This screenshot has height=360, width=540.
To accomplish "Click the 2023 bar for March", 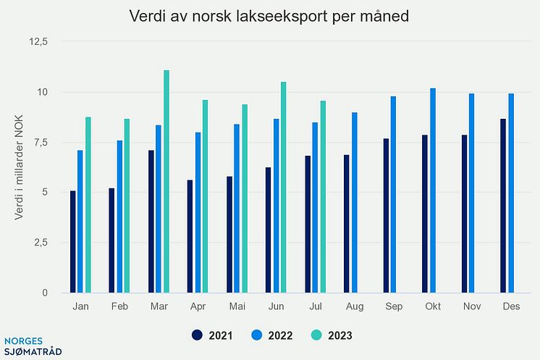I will [166, 181].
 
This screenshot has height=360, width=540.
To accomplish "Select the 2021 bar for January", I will [73, 242].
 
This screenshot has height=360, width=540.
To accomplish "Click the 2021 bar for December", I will [503, 206].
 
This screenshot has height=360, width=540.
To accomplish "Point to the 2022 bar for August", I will [355, 203].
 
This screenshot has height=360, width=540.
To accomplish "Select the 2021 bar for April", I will [190, 236].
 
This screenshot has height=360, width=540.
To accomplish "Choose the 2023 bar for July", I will [323, 196].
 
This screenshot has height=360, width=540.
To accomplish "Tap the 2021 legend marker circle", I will [198, 335].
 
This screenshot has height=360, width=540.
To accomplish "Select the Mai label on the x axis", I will [237, 307].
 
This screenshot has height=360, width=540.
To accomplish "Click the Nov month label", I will [471, 307].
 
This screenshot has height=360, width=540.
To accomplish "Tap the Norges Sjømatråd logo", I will [33, 346].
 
